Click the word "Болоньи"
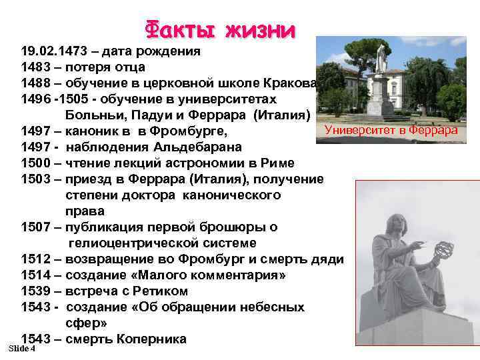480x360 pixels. click(x=91, y=115)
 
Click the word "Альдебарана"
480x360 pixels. click(x=200, y=147)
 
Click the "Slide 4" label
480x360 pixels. click(x=22, y=349)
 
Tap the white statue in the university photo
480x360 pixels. click(x=381, y=60)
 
